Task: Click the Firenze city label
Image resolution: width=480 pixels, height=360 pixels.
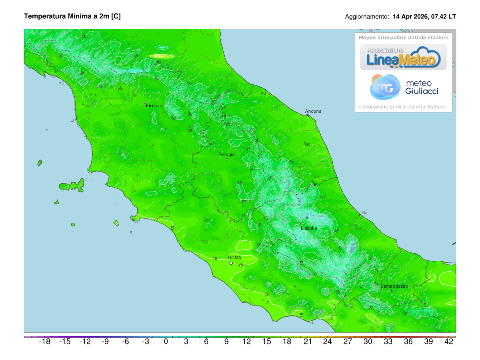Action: point(154,106)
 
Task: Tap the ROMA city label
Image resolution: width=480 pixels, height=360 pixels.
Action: point(235,258)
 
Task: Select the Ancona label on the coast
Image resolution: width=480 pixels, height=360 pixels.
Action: point(313,111)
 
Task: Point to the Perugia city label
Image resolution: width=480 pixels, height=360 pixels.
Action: point(226,154)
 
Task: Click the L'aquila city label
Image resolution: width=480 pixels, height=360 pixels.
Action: point(309,228)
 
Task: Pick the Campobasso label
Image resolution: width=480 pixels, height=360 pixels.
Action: point(394,286)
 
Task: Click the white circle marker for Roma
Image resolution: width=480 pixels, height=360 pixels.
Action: point(231,263)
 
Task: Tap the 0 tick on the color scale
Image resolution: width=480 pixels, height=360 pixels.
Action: point(166,342)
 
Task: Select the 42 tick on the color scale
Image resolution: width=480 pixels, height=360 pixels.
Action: point(449,342)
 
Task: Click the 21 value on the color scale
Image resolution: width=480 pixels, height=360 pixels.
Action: point(307,342)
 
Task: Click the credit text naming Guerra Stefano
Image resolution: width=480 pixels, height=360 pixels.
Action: point(403,107)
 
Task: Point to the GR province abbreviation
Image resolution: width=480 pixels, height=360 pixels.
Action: point(134,191)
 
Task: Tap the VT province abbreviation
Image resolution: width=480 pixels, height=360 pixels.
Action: point(206,220)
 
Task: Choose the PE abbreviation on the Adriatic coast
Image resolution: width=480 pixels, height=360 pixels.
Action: point(364,212)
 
